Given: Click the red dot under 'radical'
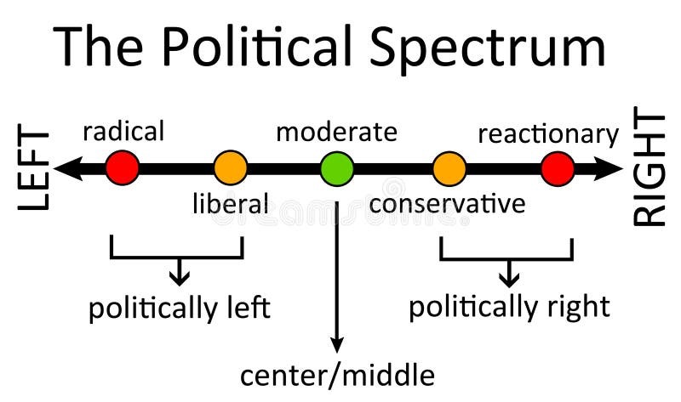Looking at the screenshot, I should pyautogui.click(x=123, y=168).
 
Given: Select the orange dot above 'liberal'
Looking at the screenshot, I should pyautogui.click(x=230, y=168).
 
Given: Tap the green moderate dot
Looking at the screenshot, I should pyautogui.click(x=337, y=168).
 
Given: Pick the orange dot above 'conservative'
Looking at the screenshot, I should pyautogui.click(x=449, y=168).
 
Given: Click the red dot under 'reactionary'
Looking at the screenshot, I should pyautogui.click(x=558, y=168).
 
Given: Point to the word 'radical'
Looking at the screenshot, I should pyautogui.click(x=123, y=133).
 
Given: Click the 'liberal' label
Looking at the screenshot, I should pyautogui.click(x=230, y=204).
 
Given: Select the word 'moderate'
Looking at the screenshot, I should pyautogui.click(x=336, y=133).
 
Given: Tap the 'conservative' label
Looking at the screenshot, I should pyautogui.click(x=447, y=204).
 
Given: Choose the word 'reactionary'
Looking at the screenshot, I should pyautogui.click(x=548, y=134).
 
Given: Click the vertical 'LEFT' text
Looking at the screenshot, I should pyautogui.click(x=34, y=169).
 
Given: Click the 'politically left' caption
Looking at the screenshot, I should pyautogui.click(x=179, y=308).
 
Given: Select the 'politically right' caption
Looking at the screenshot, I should pyautogui.click(x=509, y=306).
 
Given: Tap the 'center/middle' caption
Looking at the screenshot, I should pyautogui.click(x=337, y=375).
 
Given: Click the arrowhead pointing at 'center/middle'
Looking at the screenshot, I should pyautogui.click(x=337, y=343).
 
